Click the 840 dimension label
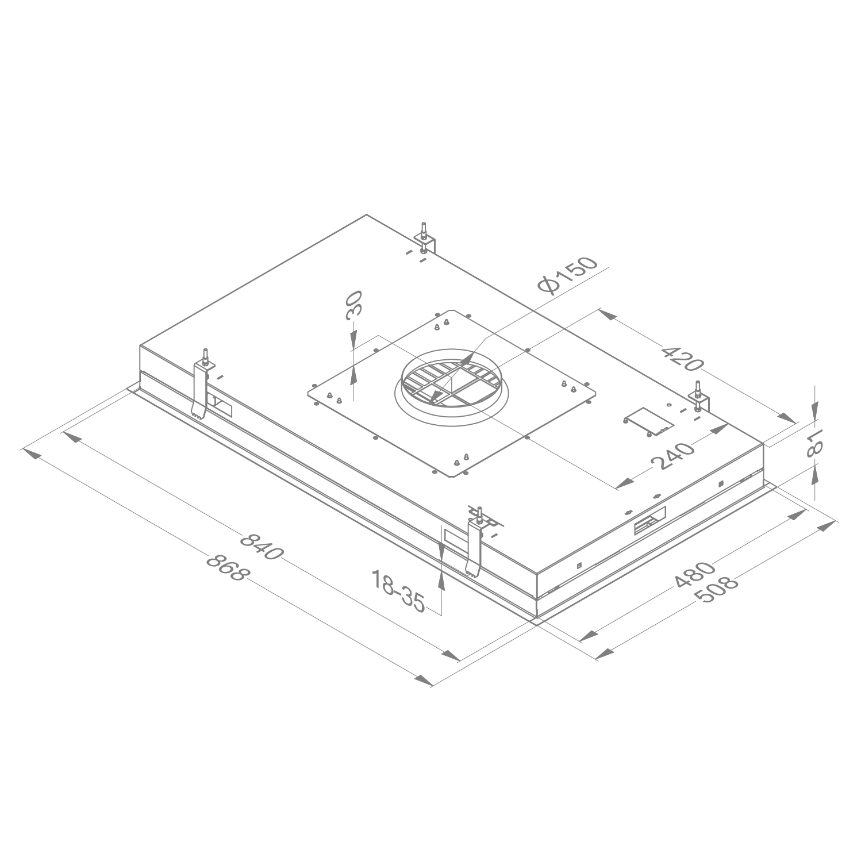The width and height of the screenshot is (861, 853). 262,547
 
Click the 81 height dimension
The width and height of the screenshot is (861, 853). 815,442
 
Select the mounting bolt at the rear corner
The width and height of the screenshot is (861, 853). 424,236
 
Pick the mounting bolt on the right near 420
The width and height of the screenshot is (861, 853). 698,396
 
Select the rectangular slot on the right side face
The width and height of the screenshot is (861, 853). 649,521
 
